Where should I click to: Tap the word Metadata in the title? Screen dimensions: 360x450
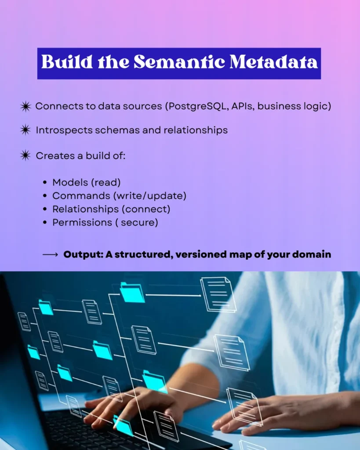(274, 62)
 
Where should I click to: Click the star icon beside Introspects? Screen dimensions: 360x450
(25, 130)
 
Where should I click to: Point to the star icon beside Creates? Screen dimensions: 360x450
(25, 156)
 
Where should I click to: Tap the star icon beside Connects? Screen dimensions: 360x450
(25, 106)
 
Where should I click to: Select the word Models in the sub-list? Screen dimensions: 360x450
(70, 182)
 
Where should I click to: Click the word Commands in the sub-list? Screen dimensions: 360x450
(81, 196)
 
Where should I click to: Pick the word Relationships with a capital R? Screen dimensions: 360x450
(85, 209)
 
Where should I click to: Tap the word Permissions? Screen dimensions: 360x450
(82, 222)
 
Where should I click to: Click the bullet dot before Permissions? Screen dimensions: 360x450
(45, 222)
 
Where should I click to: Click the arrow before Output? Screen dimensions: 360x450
(50, 254)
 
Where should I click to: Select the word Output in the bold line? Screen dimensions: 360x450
(83, 254)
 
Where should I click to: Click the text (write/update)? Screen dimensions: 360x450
(150, 196)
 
